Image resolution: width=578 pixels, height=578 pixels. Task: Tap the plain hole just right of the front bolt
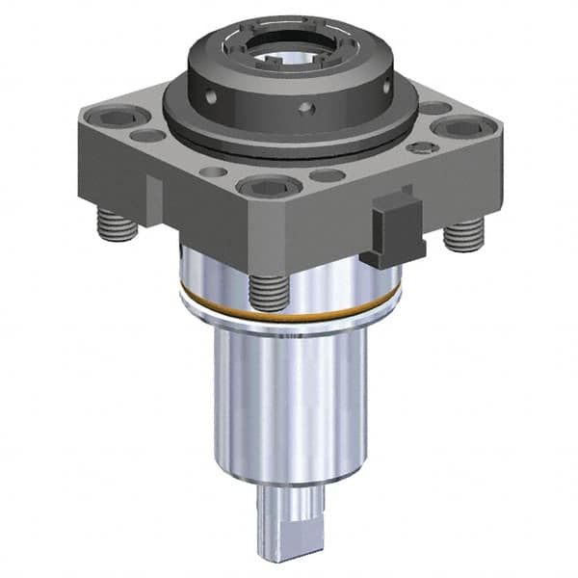[328, 175]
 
